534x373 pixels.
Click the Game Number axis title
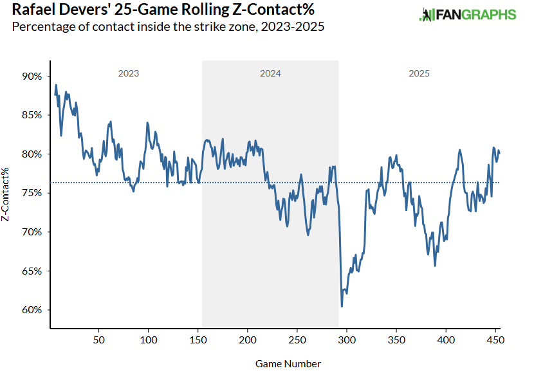click(x=288, y=363)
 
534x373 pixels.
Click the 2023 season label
click(x=129, y=73)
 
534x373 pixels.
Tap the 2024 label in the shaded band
click(x=270, y=73)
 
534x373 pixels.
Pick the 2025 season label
click(x=419, y=73)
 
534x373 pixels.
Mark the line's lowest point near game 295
click(x=342, y=306)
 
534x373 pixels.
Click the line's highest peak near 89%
click(x=56, y=85)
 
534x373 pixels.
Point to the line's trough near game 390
click(x=436, y=266)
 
